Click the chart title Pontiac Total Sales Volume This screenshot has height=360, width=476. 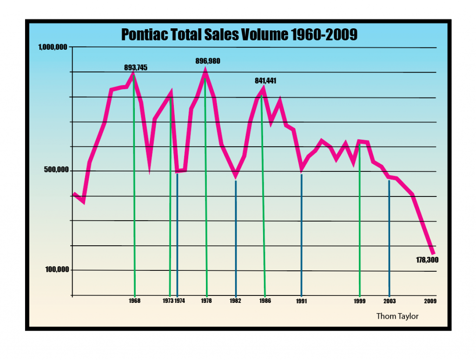pos(239,35)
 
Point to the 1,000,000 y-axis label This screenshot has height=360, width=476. pos(53,47)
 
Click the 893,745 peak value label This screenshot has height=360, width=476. pos(136,67)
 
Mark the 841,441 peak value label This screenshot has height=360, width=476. pos(265,80)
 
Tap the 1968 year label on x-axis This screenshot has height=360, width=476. pos(135,301)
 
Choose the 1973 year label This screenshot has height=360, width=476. pos(169,301)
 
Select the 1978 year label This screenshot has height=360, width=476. pos(206,301)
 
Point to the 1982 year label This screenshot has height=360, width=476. pos(236,301)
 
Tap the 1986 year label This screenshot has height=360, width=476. pos(265,301)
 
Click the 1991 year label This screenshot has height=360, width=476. pos(302,301)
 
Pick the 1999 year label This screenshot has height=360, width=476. pos(360,301)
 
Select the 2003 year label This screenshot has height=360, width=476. pos(390,301)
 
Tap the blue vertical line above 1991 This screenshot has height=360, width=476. pos(302,232)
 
